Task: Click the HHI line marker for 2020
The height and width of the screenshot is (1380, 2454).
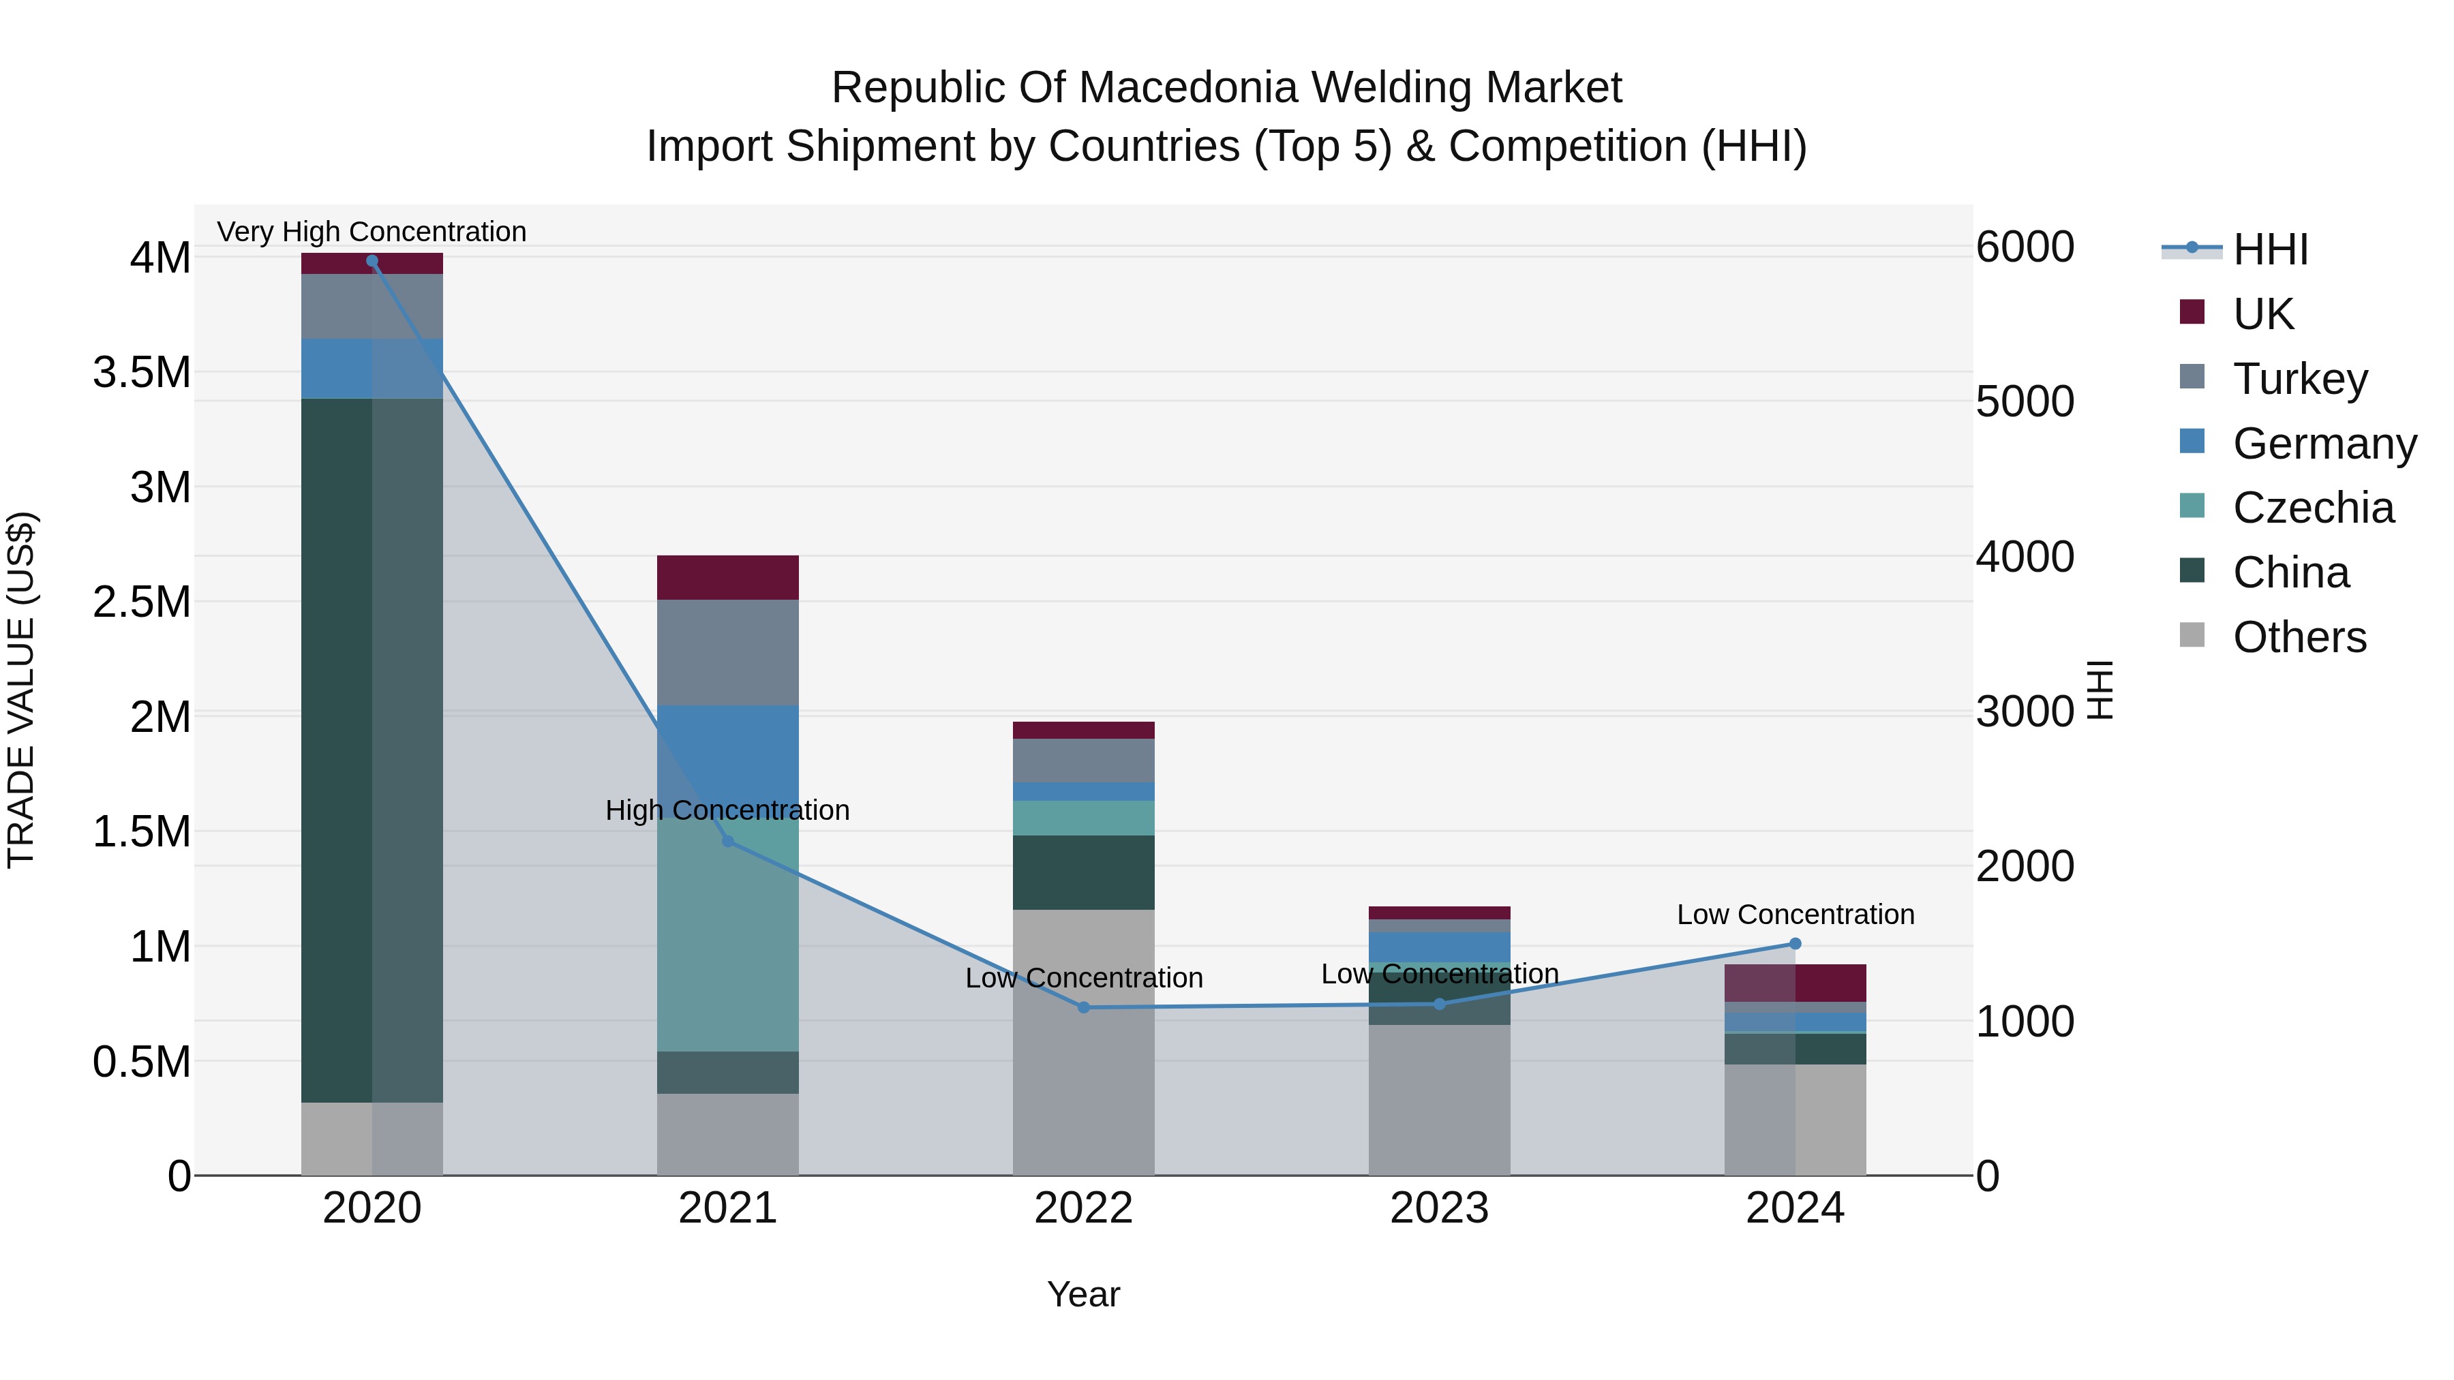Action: coord(372,261)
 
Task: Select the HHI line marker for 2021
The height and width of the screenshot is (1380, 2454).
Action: coord(728,841)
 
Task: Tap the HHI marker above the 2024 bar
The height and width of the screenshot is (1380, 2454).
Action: coord(1795,944)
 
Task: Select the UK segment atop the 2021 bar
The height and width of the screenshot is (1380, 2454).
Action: coord(728,577)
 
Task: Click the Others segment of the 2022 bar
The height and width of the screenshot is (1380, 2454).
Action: coord(1083,1042)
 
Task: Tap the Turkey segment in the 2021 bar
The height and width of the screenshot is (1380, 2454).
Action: coord(728,652)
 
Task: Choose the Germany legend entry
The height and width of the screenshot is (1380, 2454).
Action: coord(2324,444)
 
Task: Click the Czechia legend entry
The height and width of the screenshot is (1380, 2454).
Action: coord(2313,508)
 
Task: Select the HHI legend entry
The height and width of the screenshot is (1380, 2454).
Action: coord(2269,249)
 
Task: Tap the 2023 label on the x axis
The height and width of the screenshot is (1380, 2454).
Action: coord(1438,1208)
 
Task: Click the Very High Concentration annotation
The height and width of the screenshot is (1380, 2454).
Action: coord(372,232)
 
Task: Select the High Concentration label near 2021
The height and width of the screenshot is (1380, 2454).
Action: coord(728,810)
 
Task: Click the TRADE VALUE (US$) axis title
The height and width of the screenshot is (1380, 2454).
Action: coord(21,690)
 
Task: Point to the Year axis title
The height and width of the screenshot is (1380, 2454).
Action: coord(1083,1294)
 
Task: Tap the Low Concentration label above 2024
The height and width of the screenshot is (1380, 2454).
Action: coord(1795,915)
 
